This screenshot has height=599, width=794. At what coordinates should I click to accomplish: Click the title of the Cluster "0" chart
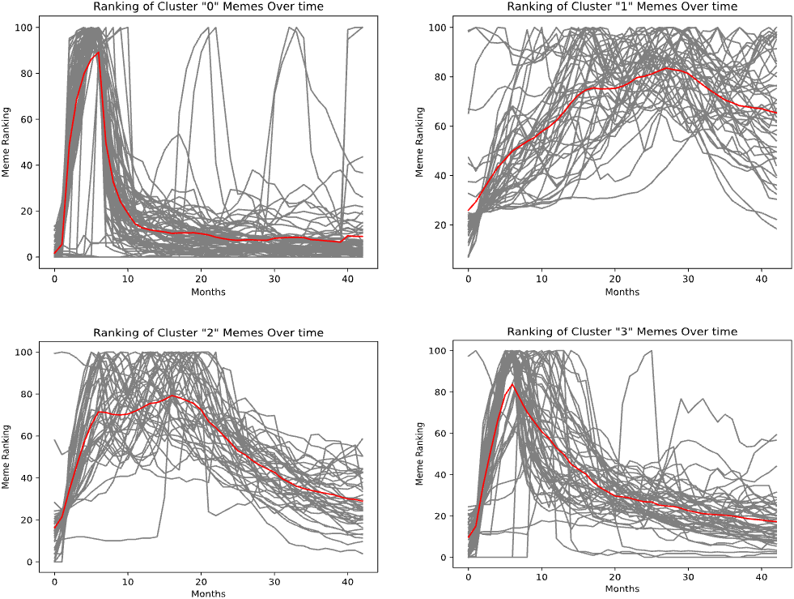coord(208,6)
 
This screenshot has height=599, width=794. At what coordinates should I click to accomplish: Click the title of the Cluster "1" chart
coord(622,6)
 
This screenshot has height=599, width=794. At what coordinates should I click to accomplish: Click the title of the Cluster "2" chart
coord(208,332)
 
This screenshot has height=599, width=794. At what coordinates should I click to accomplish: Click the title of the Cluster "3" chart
coord(622,332)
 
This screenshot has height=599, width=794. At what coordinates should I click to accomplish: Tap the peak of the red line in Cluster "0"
coord(99,53)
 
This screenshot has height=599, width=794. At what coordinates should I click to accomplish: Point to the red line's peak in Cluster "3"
coord(512,384)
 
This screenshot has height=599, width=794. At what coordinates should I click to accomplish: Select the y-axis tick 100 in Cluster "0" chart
coord(28,28)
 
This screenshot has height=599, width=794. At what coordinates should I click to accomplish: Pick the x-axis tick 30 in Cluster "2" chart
coord(274,581)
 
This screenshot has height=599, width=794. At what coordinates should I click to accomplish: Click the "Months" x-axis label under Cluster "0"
coord(208,291)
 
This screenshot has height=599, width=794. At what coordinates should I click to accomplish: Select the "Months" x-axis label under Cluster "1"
coord(622,291)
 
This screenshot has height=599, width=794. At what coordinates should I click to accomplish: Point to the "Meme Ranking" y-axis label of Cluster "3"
coord(420,453)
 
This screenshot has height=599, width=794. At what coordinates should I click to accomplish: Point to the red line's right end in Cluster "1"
coord(775,113)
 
